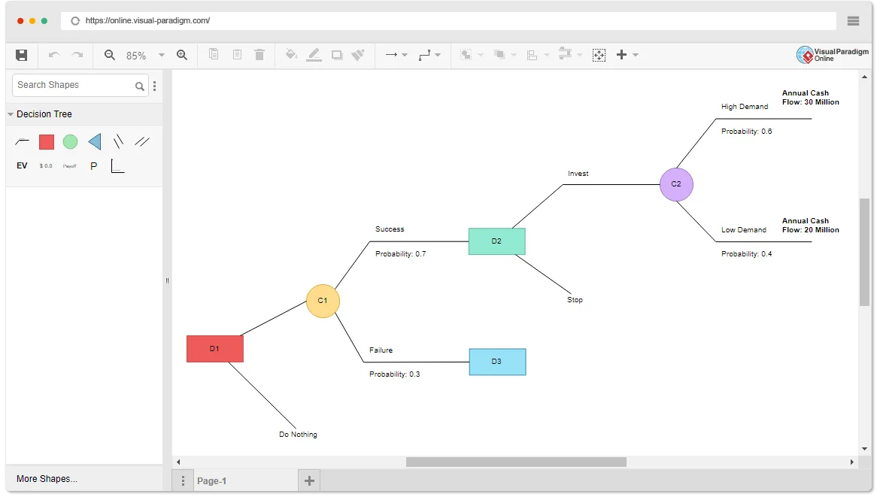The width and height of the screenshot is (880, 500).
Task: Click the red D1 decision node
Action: click(x=215, y=348)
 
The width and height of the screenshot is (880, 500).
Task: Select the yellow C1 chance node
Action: click(x=323, y=301)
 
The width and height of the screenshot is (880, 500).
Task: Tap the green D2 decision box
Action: click(x=496, y=241)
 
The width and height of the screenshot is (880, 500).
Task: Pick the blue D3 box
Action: click(x=497, y=362)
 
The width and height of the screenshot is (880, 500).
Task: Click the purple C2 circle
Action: click(x=676, y=185)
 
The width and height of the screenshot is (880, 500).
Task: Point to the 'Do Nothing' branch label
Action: click(x=298, y=435)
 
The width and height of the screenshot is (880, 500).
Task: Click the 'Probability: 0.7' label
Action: click(x=401, y=253)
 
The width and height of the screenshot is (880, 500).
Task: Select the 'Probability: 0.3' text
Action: click(x=395, y=374)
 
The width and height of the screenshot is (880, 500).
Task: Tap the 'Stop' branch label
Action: click(x=575, y=300)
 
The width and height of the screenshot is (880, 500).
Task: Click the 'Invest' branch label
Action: click(x=578, y=174)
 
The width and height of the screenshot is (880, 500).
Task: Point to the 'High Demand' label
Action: click(x=745, y=107)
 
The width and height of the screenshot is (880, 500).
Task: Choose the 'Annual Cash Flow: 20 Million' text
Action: click(x=810, y=226)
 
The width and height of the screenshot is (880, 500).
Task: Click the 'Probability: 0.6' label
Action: click(x=746, y=132)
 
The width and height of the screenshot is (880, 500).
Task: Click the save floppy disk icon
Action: click(x=21, y=55)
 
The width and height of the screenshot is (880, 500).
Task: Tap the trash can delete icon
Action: click(x=259, y=54)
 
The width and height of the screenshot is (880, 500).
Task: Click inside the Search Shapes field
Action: click(x=74, y=85)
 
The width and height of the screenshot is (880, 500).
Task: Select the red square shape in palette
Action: click(x=47, y=142)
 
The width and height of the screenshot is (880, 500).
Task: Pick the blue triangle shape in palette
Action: click(x=95, y=142)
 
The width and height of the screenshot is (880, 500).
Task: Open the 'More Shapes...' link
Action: click(x=47, y=479)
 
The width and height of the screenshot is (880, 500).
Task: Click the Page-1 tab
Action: click(x=211, y=481)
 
